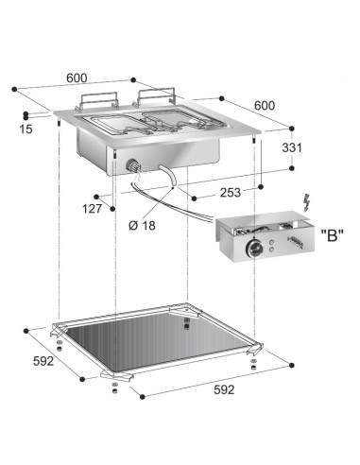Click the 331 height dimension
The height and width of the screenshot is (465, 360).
[292, 147]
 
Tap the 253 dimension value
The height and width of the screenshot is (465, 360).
[231, 193]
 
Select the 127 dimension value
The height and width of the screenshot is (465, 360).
[92, 209]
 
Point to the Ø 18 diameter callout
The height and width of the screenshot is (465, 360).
[142, 225]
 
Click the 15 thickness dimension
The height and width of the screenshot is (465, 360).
[26, 129]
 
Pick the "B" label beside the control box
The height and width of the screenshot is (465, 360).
[333, 234]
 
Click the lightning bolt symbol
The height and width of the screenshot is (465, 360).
[306, 203]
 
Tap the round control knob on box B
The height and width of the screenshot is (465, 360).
[254, 250]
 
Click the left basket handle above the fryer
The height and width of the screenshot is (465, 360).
[98, 100]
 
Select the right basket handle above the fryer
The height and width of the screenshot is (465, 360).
[156, 95]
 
